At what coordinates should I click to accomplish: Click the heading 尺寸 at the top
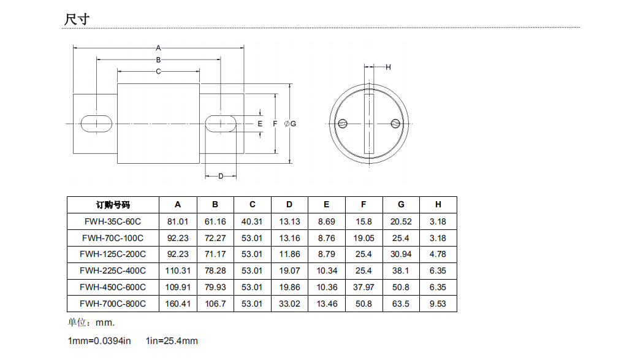[x=77, y=18]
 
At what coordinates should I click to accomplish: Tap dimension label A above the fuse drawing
[x=158, y=47]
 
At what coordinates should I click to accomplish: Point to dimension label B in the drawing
[x=158, y=59]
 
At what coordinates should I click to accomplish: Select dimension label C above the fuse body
[x=158, y=72]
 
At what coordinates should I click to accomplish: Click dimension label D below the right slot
[x=221, y=177]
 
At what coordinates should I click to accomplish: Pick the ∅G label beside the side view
[x=291, y=124]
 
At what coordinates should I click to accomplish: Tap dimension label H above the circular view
[x=388, y=67]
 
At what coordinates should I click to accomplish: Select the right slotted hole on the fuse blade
[x=221, y=123]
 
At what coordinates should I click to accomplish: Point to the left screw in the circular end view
[x=343, y=123]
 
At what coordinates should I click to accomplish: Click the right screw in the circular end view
[x=395, y=123]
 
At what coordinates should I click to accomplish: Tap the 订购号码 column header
[x=113, y=205]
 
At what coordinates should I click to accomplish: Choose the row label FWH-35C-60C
[x=113, y=221]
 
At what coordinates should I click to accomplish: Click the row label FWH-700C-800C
[x=113, y=304]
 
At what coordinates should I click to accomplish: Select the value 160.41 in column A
[x=178, y=304]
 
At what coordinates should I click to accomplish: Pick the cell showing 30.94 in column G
[x=401, y=254]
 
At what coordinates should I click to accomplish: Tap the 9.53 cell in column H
[x=438, y=304]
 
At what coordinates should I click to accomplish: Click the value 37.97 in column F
[x=363, y=287]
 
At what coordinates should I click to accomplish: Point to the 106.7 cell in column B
[x=215, y=304]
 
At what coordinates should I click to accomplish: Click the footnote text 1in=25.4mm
[x=172, y=341]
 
